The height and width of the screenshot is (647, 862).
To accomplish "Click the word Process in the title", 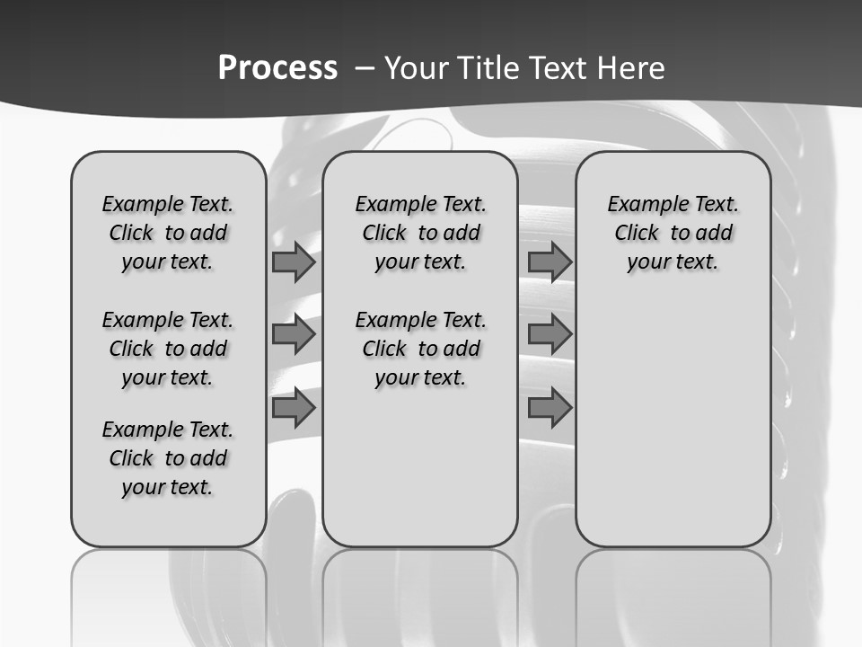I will pyautogui.click(x=277, y=67).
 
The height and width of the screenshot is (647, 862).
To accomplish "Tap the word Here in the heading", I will pyautogui.click(x=630, y=68).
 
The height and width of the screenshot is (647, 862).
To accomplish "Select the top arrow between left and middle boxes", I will pyautogui.click(x=293, y=262).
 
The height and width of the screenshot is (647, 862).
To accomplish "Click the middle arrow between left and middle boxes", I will pyautogui.click(x=293, y=334).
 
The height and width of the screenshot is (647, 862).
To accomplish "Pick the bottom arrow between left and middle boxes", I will pyautogui.click(x=293, y=408).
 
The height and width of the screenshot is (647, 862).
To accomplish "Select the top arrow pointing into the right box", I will pyautogui.click(x=550, y=262).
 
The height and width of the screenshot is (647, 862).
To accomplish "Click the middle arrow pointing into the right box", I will pyautogui.click(x=550, y=334).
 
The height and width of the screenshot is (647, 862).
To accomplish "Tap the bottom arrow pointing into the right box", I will pyautogui.click(x=550, y=408).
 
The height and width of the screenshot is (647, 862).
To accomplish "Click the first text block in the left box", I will pyautogui.click(x=168, y=233).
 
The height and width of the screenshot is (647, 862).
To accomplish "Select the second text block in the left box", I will pyautogui.click(x=168, y=349).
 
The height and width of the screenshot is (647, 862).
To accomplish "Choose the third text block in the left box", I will pyautogui.click(x=168, y=458).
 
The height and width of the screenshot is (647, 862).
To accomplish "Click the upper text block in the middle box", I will pyautogui.click(x=420, y=233).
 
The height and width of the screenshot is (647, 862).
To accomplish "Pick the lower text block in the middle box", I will pyautogui.click(x=420, y=349).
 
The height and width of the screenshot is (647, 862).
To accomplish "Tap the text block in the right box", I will pyautogui.click(x=673, y=233).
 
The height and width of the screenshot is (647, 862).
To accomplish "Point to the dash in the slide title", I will pyautogui.click(x=365, y=68).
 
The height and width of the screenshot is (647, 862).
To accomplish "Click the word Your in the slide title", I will pyautogui.click(x=416, y=68).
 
